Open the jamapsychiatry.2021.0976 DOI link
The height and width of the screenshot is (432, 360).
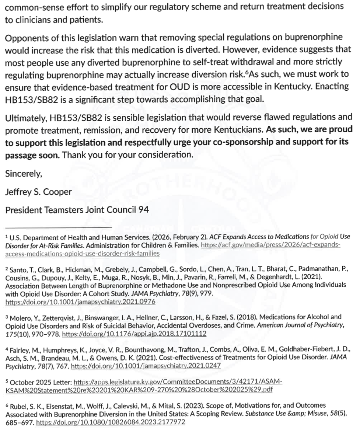[80, 302]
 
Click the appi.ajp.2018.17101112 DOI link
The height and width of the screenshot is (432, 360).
[134, 334]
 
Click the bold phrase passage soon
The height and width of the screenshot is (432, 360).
[32, 155]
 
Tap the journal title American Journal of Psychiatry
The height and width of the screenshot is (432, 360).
[305, 326]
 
